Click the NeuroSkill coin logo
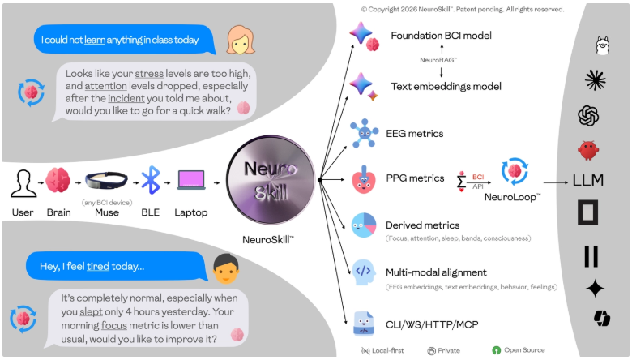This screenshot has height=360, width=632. pyautogui.click(x=267, y=179)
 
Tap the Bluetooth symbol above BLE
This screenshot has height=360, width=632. pyautogui.click(x=151, y=180)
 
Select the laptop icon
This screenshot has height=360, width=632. pyautogui.click(x=191, y=181)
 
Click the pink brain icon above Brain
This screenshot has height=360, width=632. pyautogui.click(x=58, y=181)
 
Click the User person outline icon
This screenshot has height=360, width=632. pyautogui.click(x=23, y=182)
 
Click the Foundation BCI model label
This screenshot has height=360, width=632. pyautogui.click(x=441, y=36)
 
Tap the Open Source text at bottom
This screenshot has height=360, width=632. pyautogui.click(x=523, y=350)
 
